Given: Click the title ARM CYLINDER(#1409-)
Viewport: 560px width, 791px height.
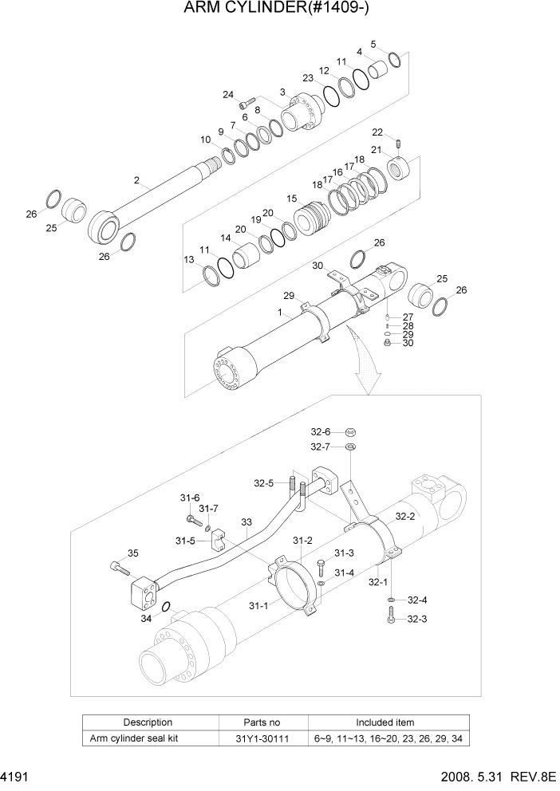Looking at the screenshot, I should click(281, 9).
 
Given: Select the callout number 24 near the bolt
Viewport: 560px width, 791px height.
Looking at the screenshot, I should click(228, 95).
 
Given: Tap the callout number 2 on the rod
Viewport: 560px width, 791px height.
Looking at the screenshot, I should click(137, 181).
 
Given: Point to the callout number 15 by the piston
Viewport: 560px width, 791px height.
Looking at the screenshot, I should click(292, 199).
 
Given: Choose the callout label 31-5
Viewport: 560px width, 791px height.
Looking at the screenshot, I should click(185, 541).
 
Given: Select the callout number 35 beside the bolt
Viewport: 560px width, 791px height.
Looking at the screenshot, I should click(132, 553).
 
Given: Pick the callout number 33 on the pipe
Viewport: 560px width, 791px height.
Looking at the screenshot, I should click(246, 523).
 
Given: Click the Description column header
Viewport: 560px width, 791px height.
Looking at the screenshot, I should click(148, 722).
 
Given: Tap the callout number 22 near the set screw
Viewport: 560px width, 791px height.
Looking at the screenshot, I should click(377, 132).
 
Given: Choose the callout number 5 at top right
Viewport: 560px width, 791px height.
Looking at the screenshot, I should click(373, 44).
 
